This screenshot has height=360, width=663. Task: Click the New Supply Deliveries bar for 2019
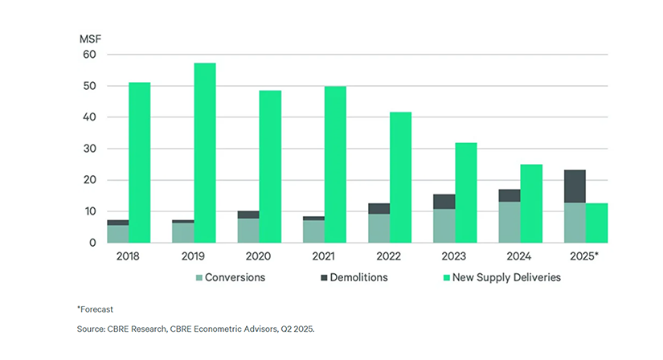coord(205,153)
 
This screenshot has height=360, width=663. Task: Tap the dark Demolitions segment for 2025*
coord(575,186)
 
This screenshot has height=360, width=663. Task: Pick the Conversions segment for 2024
coord(510,222)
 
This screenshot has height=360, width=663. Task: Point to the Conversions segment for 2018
coord(118,234)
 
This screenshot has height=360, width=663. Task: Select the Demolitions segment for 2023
coord(444,202)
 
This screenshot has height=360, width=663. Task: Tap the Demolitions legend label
coord(354,278)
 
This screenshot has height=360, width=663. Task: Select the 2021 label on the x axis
coord(324,258)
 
